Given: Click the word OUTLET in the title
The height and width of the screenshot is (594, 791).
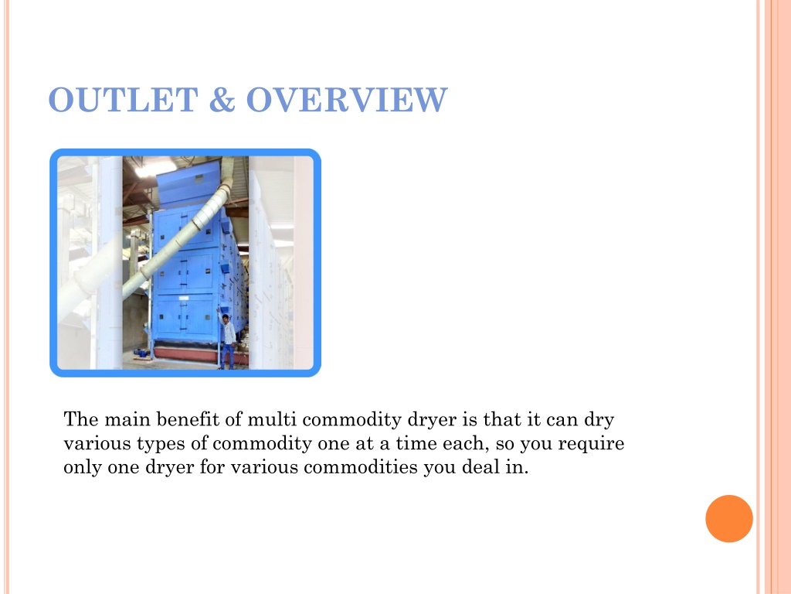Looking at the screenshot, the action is (123, 100).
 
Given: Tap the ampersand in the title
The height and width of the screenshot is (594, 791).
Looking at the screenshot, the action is (222, 100).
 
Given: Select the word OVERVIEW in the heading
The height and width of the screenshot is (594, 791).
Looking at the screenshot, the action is (347, 100).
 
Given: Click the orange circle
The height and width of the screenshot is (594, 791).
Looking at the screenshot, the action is (729, 519).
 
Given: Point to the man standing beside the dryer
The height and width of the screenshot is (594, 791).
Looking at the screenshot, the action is (228, 339).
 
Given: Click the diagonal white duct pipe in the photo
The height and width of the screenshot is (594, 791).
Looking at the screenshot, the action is (177, 237).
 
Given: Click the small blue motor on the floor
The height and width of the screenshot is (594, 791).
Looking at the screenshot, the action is (142, 353).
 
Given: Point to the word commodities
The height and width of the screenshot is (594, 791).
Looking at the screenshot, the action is (361, 466).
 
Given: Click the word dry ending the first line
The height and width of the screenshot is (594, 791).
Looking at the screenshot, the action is (599, 420).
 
